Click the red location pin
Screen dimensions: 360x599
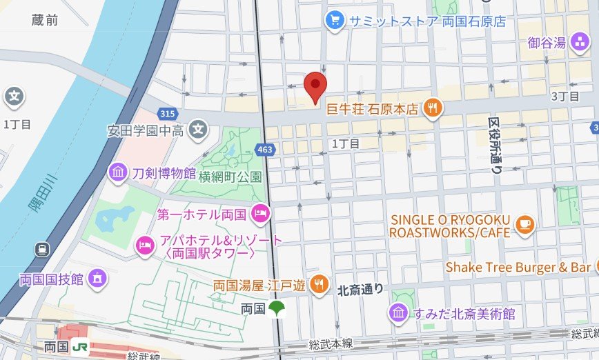[315, 86]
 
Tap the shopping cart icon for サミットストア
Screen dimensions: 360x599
[335, 21]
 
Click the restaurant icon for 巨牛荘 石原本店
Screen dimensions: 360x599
[433, 108]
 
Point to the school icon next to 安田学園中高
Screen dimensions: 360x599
[199, 129]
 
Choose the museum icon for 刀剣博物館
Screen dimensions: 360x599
[117, 171]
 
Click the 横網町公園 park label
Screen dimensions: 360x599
[220, 177]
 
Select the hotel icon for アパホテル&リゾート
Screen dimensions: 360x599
[144, 244]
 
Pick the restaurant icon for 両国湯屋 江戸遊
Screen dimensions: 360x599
[318, 283]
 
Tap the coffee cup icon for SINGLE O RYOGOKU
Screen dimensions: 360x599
[524, 225]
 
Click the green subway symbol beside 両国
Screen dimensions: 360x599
[277, 308]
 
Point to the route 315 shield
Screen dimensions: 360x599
[166, 113]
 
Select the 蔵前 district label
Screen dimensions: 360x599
[45, 21]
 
